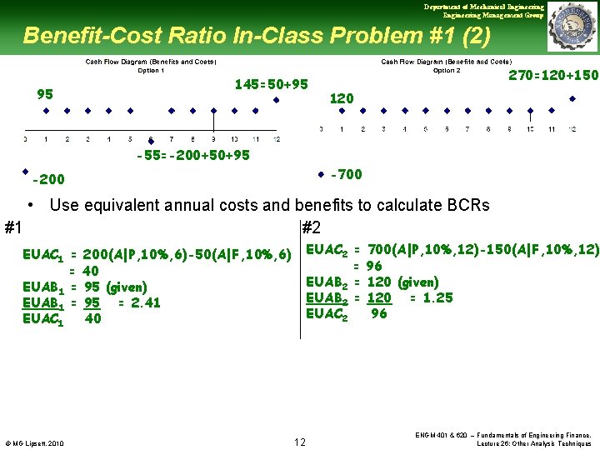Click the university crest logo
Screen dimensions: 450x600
(572, 26)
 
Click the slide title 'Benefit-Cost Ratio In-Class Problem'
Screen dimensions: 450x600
(257, 36)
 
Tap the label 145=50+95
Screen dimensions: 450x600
(272, 84)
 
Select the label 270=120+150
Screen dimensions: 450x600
(552, 75)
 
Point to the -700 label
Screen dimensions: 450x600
(346, 174)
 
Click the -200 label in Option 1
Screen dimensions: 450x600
(48, 179)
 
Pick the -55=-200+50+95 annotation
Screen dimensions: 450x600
(192, 155)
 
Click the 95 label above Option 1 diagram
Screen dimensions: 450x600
(45, 93)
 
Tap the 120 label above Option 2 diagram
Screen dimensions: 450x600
(342, 98)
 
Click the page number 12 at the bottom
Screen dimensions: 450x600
(300, 441)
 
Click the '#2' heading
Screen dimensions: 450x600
(311, 227)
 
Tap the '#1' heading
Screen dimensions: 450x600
(13, 227)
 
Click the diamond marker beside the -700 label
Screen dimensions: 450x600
(321, 175)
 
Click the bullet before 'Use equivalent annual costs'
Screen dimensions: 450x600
(30, 205)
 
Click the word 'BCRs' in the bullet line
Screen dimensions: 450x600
(467, 205)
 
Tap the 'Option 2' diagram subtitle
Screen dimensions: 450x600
(447, 70)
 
